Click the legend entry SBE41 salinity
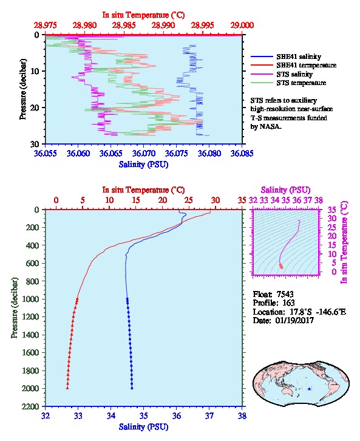(x=299, y=56)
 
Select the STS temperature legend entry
(x=301, y=83)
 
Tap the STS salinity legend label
(x=294, y=74)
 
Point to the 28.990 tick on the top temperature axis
(x=163, y=26)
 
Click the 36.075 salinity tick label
(x=176, y=153)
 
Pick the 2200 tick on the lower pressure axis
(x=30, y=406)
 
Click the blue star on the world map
(x=309, y=389)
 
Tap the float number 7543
(x=285, y=294)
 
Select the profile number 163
(x=288, y=303)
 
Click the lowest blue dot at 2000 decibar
(x=132, y=388)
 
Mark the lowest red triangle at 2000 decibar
(x=67, y=388)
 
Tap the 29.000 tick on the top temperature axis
(x=242, y=26)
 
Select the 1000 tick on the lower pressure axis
(x=30, y=299)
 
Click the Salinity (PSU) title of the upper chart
(x=144, y=165)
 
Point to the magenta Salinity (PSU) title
(x=285, y=190)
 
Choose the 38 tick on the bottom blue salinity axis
(x=242, y=415)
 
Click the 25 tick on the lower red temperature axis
(x=189, y=200)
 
